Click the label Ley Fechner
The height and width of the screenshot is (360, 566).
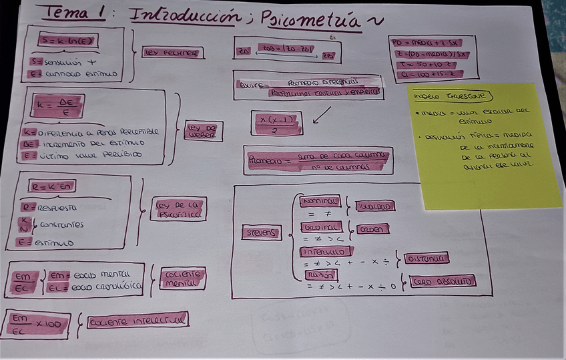173,52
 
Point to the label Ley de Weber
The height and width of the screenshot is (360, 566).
203,131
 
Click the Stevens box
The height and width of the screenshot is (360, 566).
261,232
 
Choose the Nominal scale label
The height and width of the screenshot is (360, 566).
320,201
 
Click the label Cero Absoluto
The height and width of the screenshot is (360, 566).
442,281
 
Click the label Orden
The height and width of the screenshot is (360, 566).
372,229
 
